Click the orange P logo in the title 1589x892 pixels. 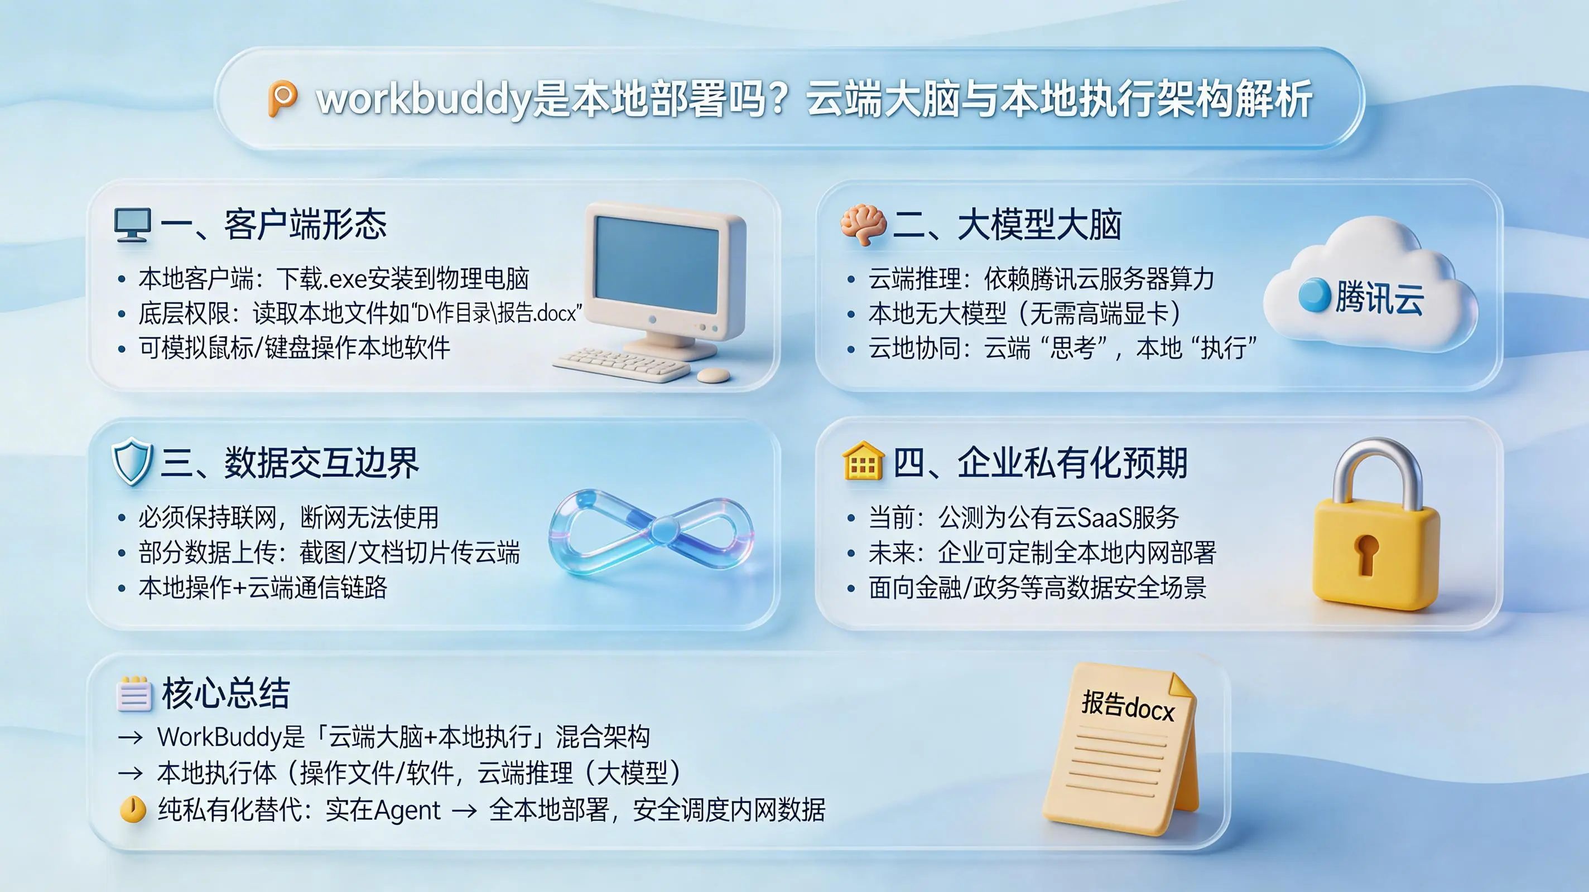(282, 99)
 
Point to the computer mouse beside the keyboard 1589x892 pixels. (714, 375)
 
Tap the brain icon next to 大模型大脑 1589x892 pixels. (864, 225)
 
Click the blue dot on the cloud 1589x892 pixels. (1314, 295)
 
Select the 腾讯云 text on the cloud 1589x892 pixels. (1379, 298)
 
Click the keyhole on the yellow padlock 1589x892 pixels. (1366, 554)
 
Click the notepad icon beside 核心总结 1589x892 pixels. (134, 695)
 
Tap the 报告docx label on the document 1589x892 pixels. (1128, 706)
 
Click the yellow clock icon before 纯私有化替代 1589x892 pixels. (133, 809)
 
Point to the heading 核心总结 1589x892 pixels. (225, 694)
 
